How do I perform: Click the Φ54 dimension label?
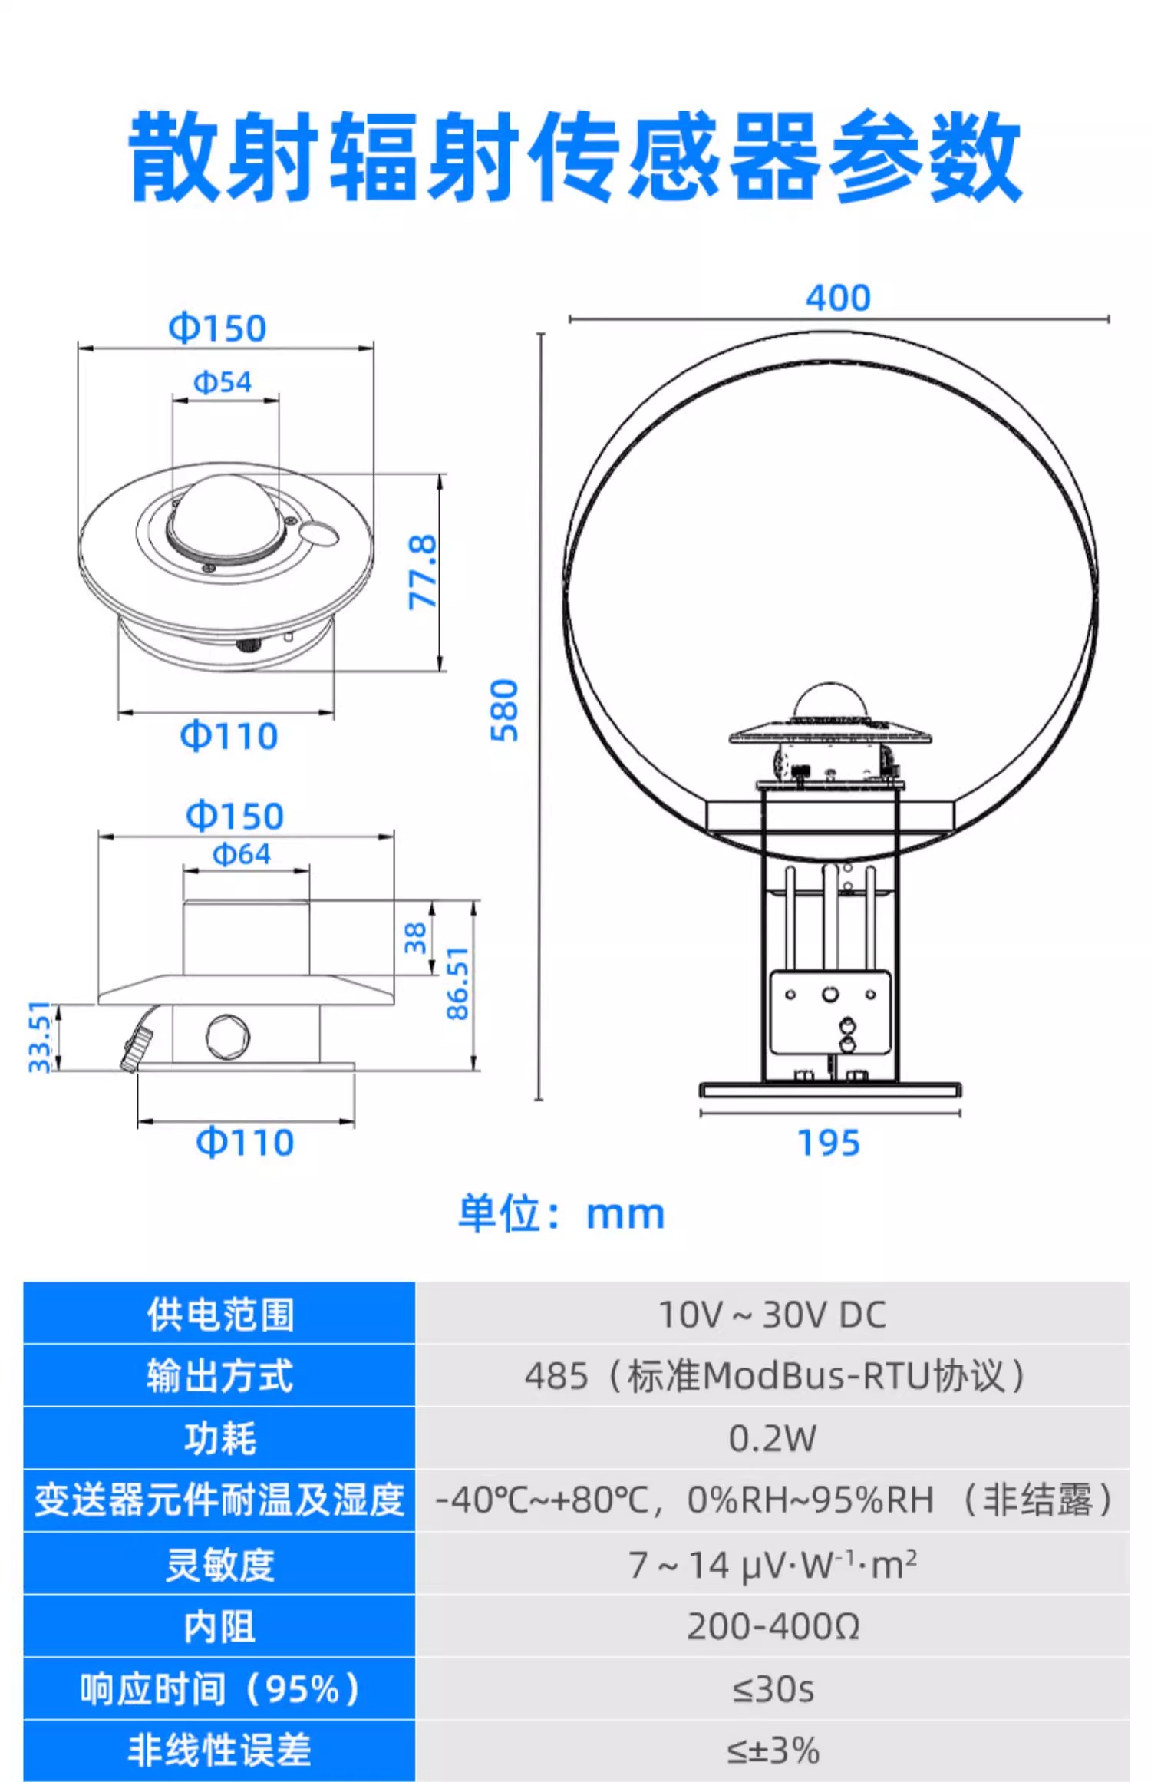[223, 381]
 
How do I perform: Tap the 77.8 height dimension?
[422, 573]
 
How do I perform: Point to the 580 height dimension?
[504, 711]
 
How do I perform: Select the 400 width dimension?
[838, 298]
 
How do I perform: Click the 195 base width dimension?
[829, 1143]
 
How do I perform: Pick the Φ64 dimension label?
[242, 854]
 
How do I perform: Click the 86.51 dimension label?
[457, 983]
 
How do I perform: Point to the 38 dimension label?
[415, 938]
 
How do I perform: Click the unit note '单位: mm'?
[562, 1213]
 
